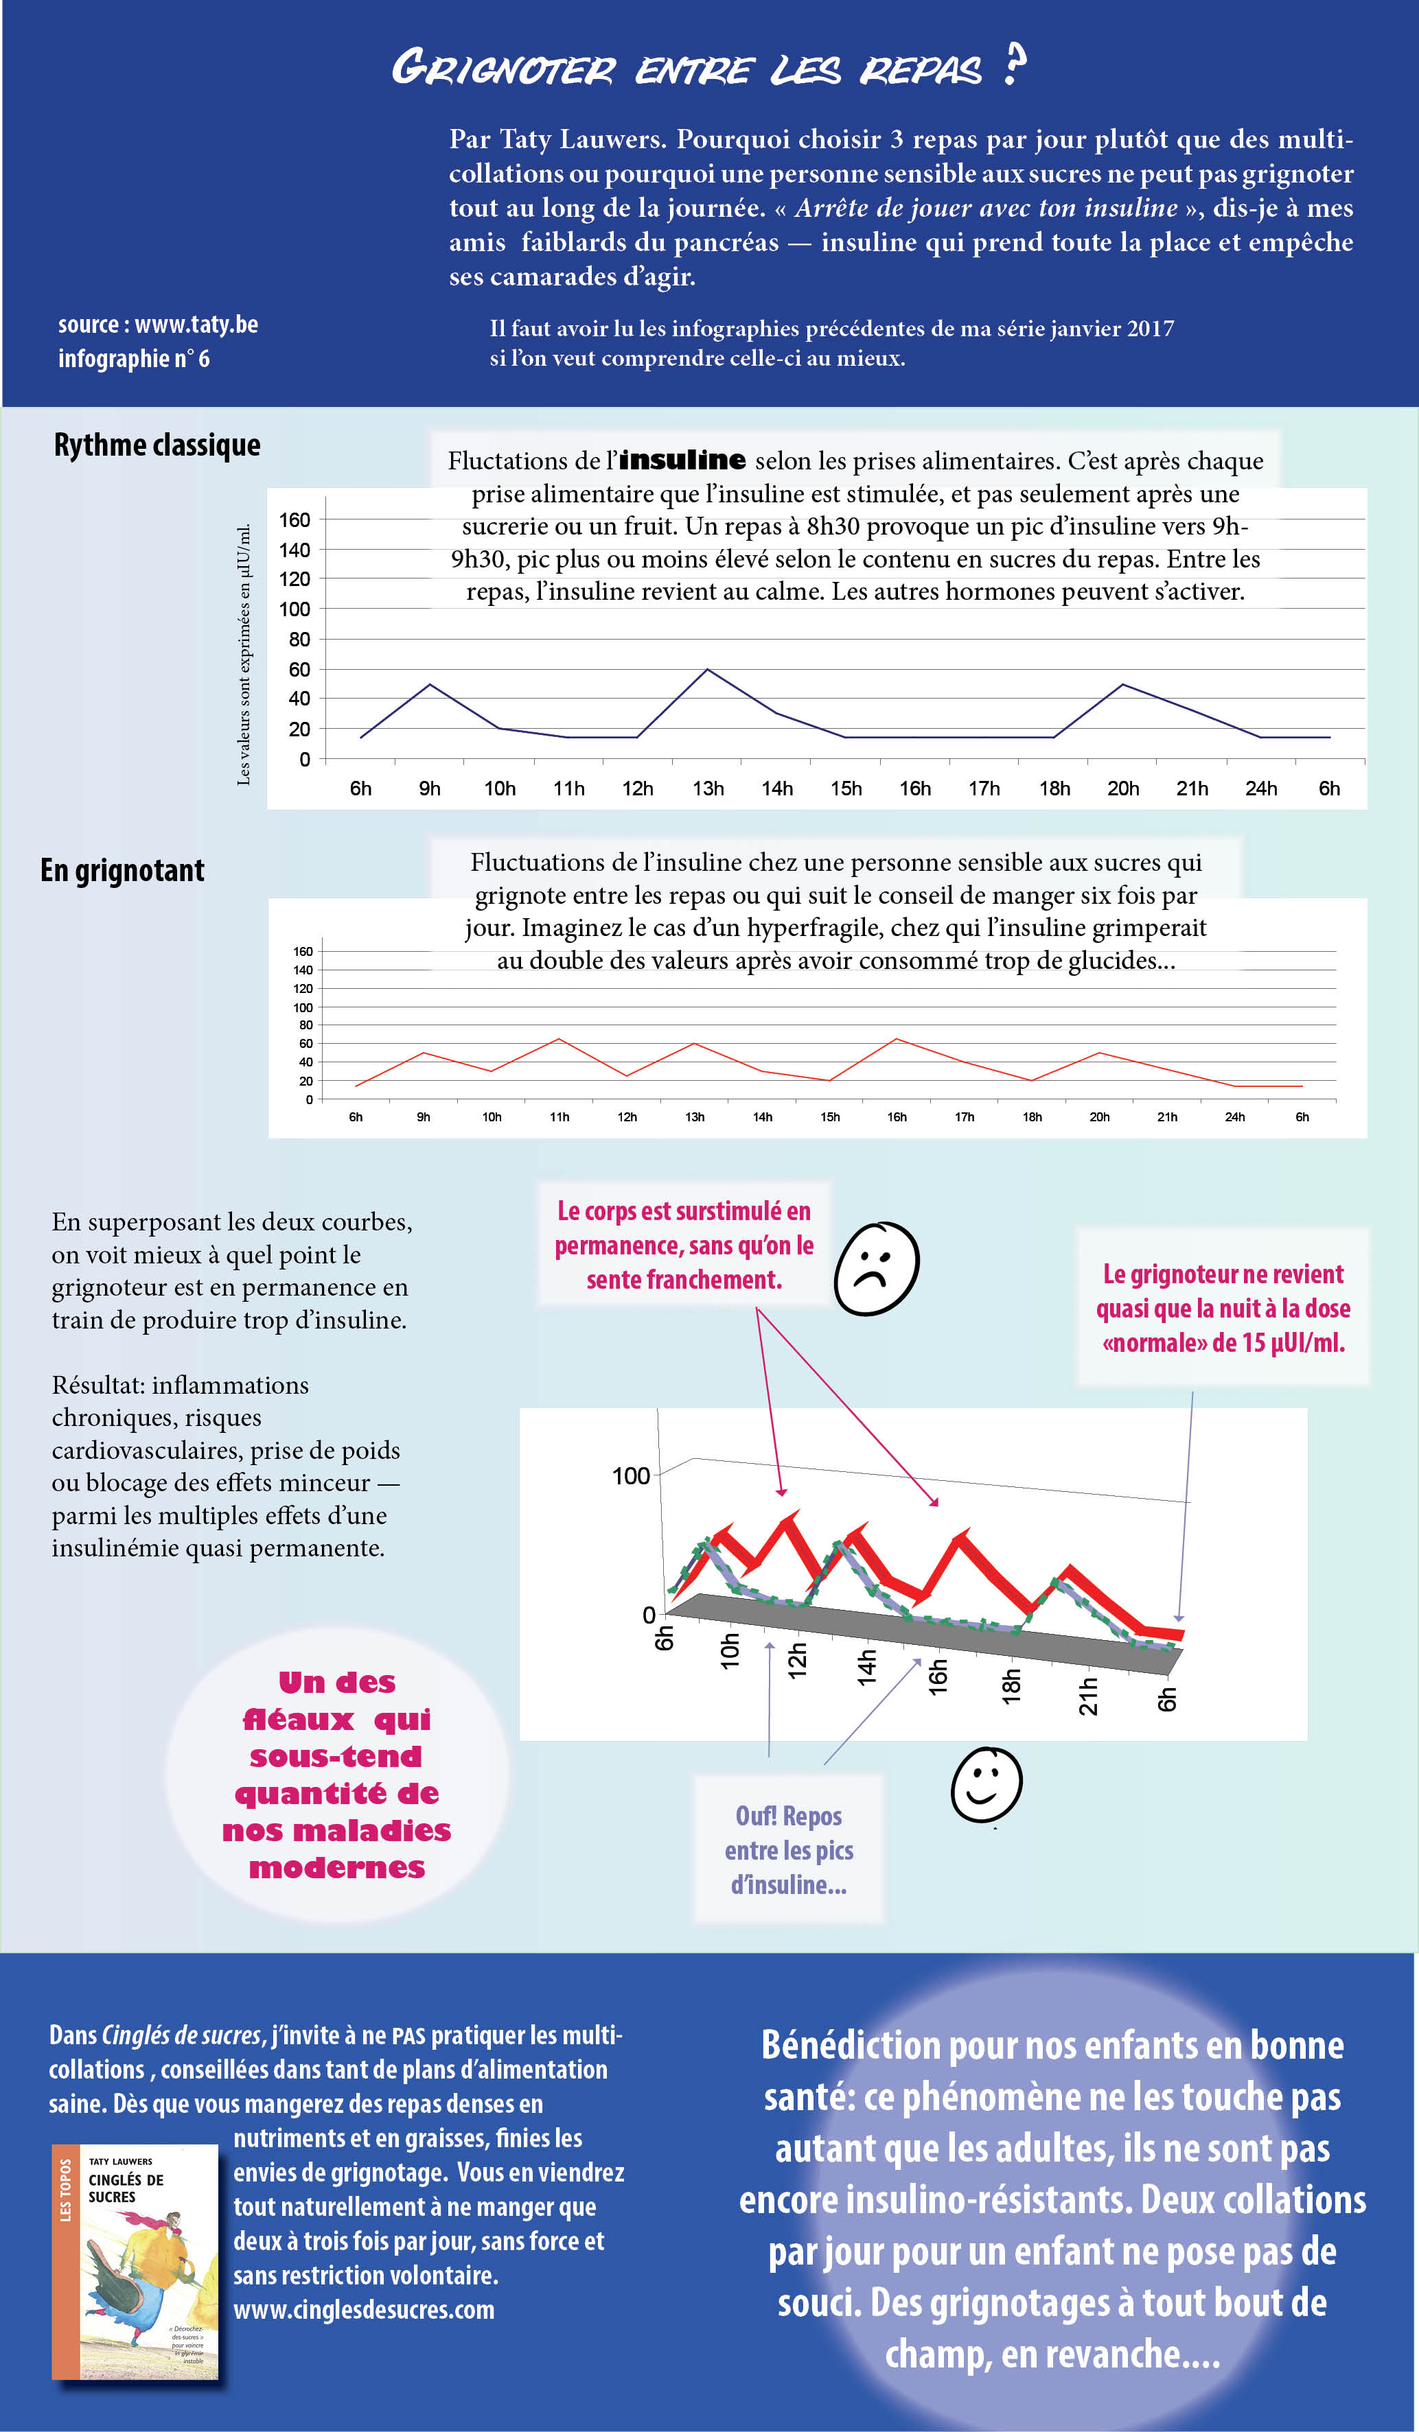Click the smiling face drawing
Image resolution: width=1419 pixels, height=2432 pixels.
(x=986, y=1784)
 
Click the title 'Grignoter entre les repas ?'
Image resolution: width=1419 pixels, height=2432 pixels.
(x=708, y=67)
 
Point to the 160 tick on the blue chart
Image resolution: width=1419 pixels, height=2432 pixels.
(x=295, y=520)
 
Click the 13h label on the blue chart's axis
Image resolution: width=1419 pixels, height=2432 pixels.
(x=708, y=788)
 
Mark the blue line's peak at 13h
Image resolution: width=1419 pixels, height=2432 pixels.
(x=708, y=669)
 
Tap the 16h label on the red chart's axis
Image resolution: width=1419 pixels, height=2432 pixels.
(x=897, y=1116)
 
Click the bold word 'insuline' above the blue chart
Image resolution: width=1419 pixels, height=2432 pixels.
(x=682, y=460)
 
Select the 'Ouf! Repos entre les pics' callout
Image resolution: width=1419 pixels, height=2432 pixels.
(x=789, y=1849)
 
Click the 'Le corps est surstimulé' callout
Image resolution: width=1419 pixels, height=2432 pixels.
(x=684, y=1245)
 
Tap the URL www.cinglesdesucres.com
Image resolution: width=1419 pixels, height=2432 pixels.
(x=364, y=2308)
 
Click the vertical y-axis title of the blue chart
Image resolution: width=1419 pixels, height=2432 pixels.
(x=244, y=655)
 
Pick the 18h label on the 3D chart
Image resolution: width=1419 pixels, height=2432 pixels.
(x=1011, y=1687)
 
